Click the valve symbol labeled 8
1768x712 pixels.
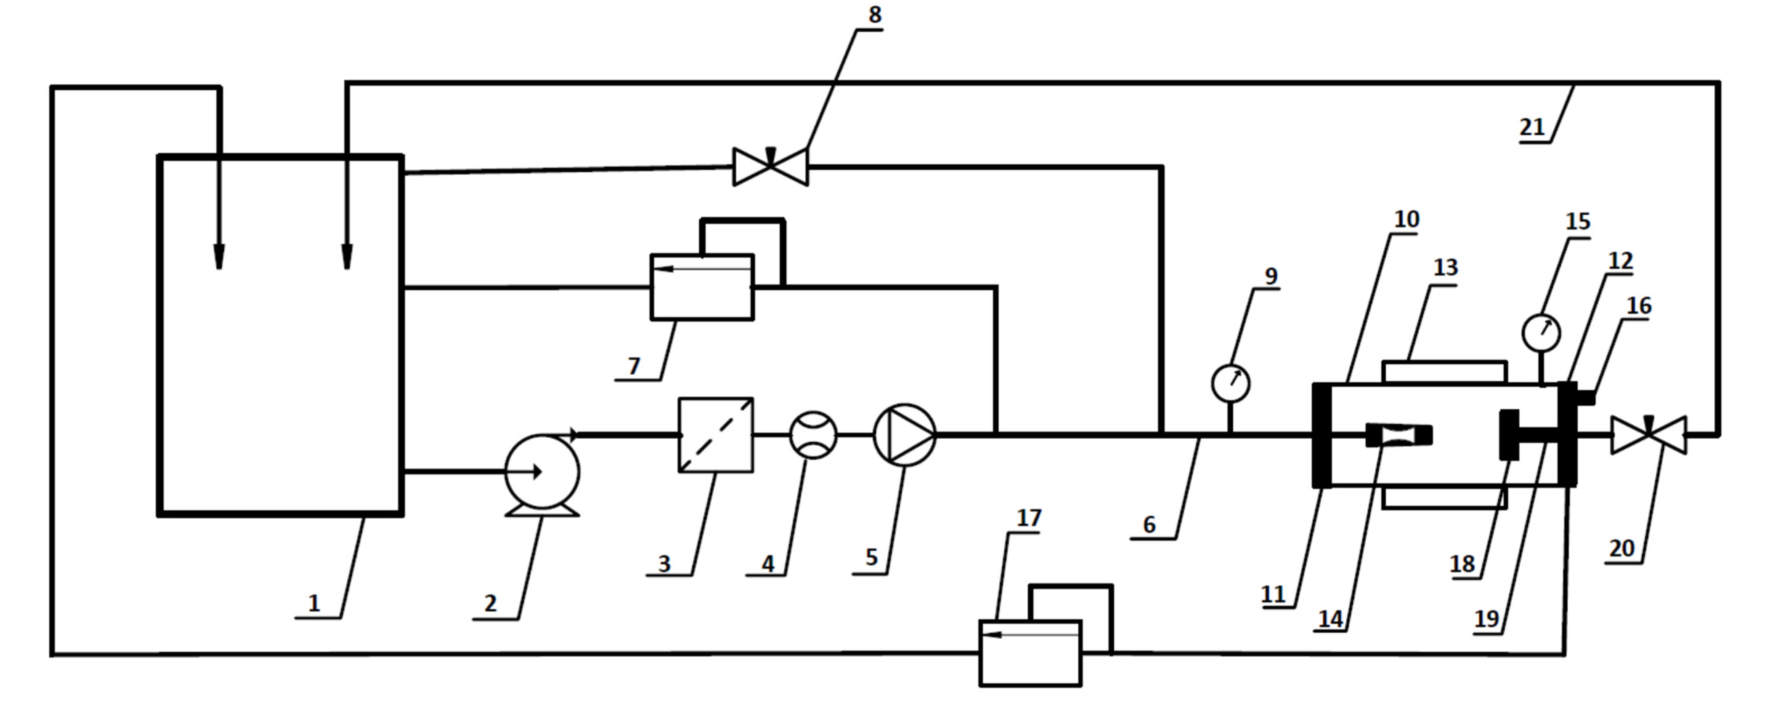coord(770,167)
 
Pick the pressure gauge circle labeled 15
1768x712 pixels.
coord(1541,333)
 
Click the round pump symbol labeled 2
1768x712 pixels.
coord(542,472)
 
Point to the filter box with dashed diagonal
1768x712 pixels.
coord(715,435)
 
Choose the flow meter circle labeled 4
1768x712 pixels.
coord(813,435)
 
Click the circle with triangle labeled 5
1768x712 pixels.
coord(904,435)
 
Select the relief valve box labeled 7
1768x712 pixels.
coord(701,287)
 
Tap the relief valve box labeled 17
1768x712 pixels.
coord(1030,653)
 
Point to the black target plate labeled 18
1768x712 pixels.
coord(1509,435)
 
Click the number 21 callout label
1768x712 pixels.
coord(1532,128)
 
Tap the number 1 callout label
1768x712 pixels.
coord(314,603)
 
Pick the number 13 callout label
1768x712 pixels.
coord(1445,267)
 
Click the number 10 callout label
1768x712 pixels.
coord(1406,219)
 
